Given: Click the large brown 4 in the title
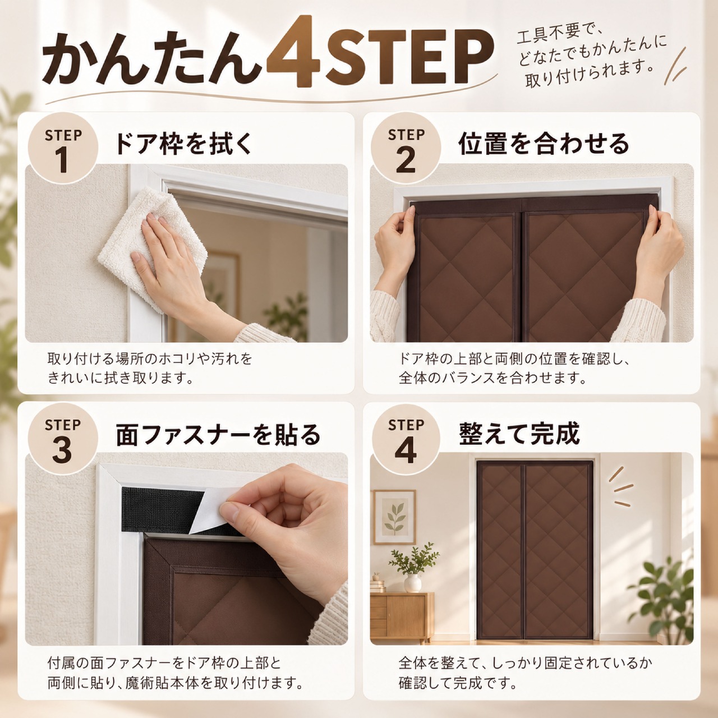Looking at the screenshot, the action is click(293, 52).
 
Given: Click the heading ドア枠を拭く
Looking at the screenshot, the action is click(183, 144).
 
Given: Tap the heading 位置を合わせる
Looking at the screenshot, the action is click(544, 144).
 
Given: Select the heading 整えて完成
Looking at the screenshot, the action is click(519, 434).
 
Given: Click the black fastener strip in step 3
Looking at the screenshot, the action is click(164, 510).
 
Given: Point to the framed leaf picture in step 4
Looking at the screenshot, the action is click(395, 517).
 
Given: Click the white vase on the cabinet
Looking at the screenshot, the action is click(412, 583).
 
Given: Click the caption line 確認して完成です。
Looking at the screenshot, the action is click(458, 683).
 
